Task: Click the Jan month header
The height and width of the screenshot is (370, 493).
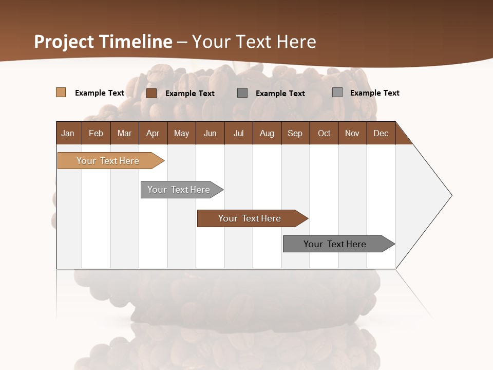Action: (x=68, y=133)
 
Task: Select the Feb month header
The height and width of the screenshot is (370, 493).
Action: (x=96, y=133)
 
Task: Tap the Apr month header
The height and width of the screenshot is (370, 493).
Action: (x=153, y=133)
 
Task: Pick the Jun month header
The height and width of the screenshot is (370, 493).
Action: (x=210, y=133)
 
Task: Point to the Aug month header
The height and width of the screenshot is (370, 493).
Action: (x=267, y=133)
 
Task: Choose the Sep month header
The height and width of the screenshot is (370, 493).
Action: (x=295, y=133)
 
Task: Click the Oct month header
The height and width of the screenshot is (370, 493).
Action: (x=324, y=133)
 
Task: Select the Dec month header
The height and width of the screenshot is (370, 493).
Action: (x=381, y=133)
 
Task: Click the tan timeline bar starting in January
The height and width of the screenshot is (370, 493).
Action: (x=108, y=161)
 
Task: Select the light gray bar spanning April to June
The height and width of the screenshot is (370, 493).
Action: (x=179, y=190)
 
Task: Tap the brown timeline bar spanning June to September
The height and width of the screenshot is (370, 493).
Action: (x=250, y=218)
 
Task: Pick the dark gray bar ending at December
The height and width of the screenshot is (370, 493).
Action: (x=335, y=244)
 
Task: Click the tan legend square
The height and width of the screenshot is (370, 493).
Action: (x=61, y=92)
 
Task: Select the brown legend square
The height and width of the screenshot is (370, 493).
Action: (x=151, y=93)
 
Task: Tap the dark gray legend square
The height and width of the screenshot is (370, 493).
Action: (x=242, y=93)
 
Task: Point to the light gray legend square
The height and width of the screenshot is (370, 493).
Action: (x=337, y=92)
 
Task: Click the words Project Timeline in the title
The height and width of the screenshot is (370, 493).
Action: (x=103, y=42)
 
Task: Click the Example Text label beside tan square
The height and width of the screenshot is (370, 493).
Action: (x=100, y=93)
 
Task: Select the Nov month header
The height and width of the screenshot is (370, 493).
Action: (x=352, y=133)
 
